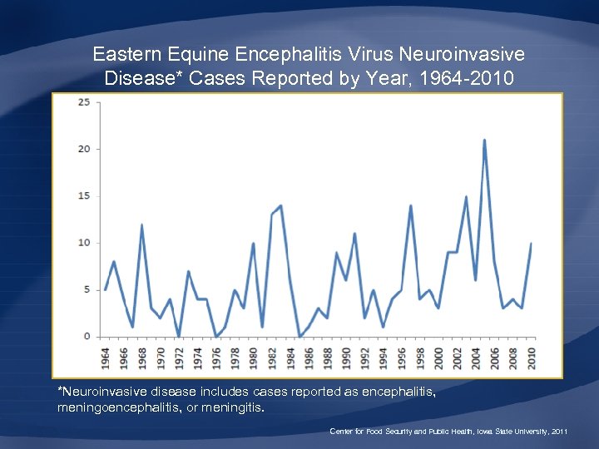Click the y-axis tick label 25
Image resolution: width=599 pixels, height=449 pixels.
pyautogui.click(x=84, y=102)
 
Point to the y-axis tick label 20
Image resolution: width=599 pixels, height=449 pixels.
pyautogui.click(x=84, y=149)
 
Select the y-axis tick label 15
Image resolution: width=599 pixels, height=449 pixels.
pyautogui.click(x=84, y=196)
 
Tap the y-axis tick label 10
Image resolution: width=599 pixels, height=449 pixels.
pyautogui.click(x=84, y=243)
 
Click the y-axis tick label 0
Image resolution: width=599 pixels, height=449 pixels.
pyautogui.click(x=87, y=337)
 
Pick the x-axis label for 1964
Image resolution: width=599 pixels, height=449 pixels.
pyautogui.click(x=106, y=357)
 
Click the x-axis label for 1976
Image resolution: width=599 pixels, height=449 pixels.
pyautogui.click(x=216, y=357)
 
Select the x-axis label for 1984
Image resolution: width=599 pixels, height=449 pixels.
pyautogui.click(x=290, y=357)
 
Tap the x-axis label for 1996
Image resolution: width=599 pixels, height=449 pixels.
pyautogui.click(x=402, y=357)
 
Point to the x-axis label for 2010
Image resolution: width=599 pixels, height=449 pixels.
pyautogui.click(x=531, y=357)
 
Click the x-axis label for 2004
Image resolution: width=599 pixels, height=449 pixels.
pyautogui.click(x=476, y=357)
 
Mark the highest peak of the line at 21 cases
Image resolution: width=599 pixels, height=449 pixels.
pyautogui.click(x=484, y=140)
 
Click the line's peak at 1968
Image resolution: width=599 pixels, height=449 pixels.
pyautogui.click(x=141, y=224)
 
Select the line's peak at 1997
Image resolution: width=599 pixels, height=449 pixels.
pyautogui.click(x=410, y=205)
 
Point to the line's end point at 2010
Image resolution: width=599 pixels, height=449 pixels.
pyautogui.click(x=531, y=244)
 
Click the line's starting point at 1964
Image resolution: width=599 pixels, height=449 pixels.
pyautogui.click(x=105, y=289)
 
